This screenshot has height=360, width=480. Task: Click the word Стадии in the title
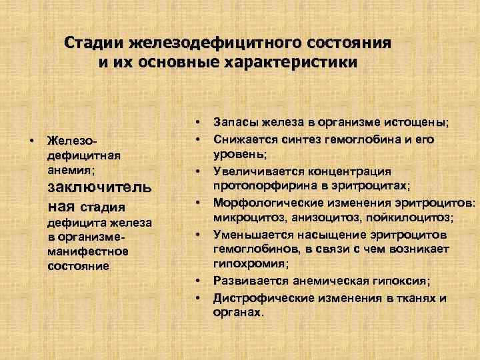pyautogui.click(x=94, y=43)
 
